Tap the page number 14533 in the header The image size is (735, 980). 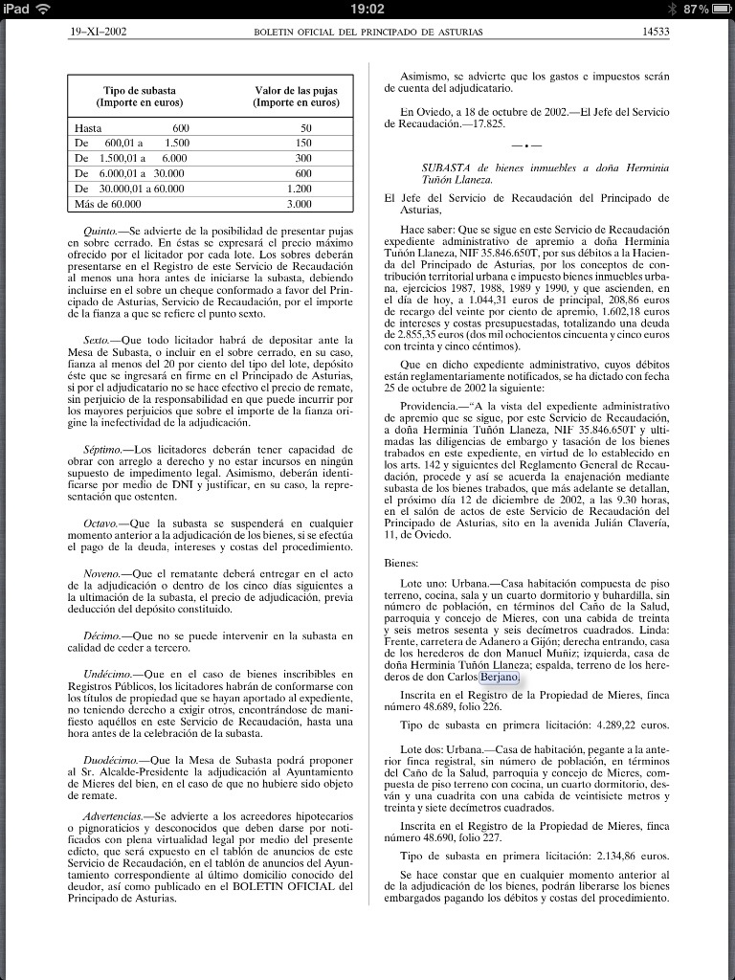point(655,32)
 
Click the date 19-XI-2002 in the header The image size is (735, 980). point(99,32)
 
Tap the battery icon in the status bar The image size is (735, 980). point(719,9)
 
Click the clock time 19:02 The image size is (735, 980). point(367,9)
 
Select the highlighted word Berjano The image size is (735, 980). point(501,703)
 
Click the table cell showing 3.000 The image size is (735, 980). point(300,204)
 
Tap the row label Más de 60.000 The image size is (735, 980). point(107,204)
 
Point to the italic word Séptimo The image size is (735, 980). point(103,449)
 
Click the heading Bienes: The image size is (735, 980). point(401,564)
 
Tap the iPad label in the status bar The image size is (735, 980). point(17,9)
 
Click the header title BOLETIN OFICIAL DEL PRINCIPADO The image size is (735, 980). point(367,32)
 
